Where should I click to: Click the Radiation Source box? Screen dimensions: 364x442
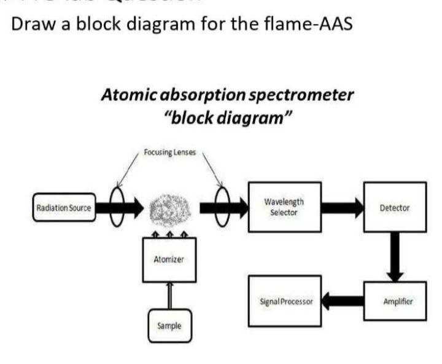coord(63,208)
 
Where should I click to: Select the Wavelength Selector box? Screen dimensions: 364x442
coord(283,207)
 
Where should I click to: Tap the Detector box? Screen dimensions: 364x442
coord(395,208)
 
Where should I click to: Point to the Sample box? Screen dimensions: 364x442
coord(168,326)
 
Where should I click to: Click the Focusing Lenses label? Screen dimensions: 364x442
coord(170,152)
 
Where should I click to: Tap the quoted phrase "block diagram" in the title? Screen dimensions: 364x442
coord(228,117)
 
